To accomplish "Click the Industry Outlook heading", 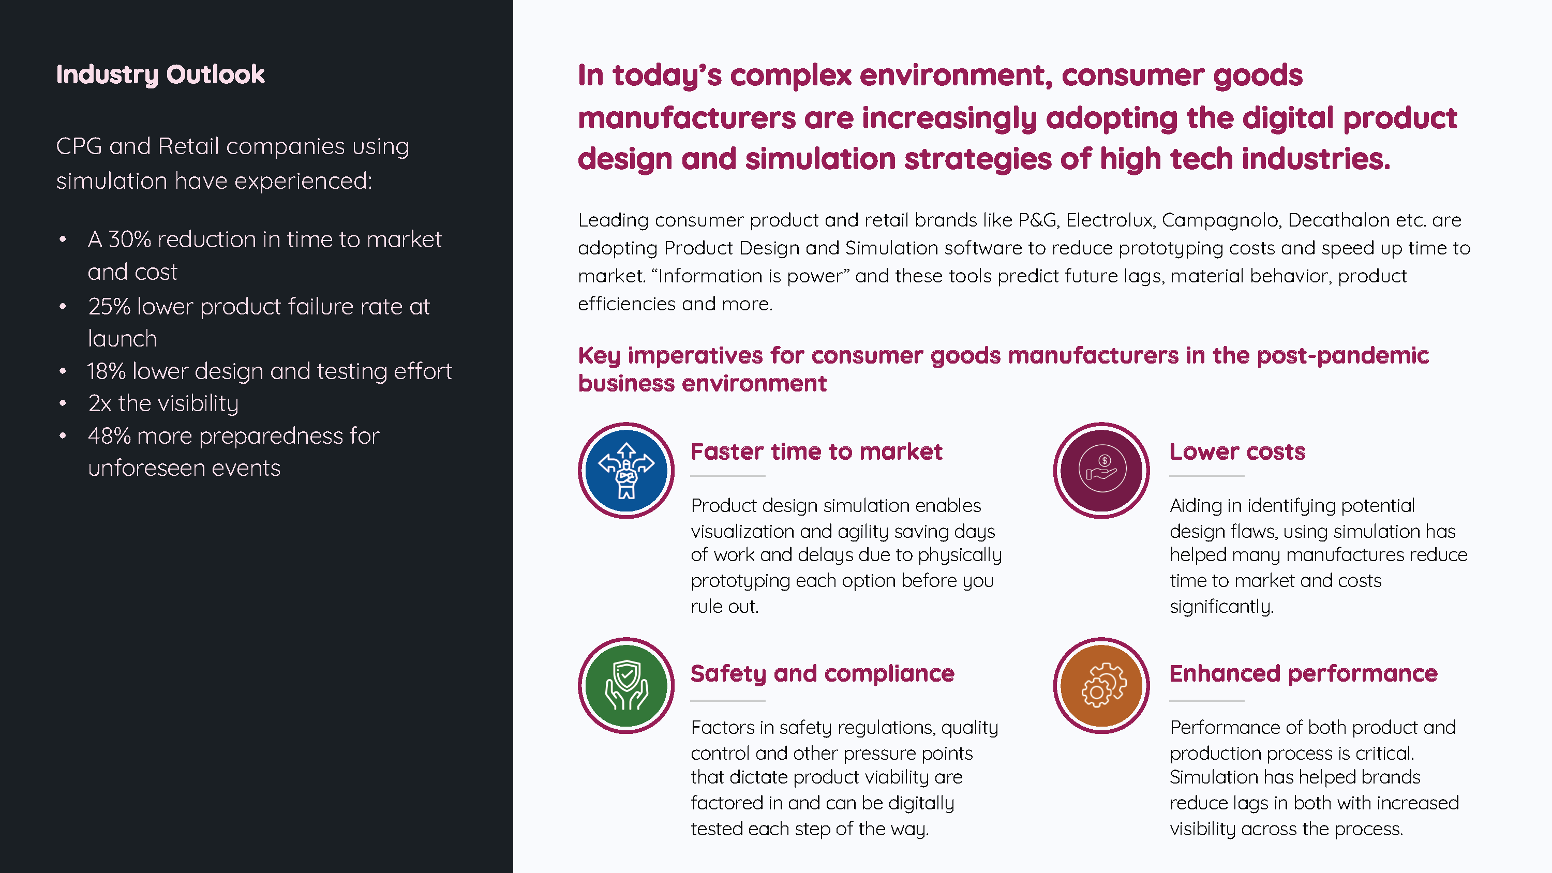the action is (160, 74).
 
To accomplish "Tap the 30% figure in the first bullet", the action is (129, 239).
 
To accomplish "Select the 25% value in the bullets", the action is (109, 306).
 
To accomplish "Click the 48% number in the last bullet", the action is (110, 435).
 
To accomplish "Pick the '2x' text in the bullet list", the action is (100, 403).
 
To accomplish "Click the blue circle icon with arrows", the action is (626, 470).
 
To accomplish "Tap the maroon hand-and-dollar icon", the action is (1101, 470).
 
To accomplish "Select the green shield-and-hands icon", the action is (626, 686).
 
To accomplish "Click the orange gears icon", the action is (1101, 686).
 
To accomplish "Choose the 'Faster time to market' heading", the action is (816, 451).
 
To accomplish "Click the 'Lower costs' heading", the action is (1237, 451).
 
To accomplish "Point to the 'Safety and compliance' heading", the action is (823, 673).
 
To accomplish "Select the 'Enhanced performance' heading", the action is (1304, 673).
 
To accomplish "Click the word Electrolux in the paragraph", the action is (1110, 220).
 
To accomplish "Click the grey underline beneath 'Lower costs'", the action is (1207, 476).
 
